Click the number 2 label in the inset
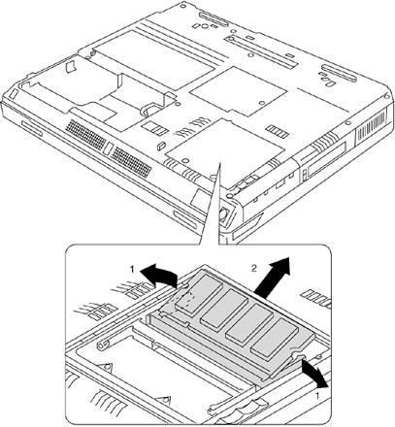(254, 268)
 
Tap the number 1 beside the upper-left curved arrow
(132, 269)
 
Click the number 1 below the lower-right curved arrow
(317, 395)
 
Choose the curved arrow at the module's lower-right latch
(313, 374)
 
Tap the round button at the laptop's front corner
(224, 214)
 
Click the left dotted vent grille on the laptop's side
(86, 134)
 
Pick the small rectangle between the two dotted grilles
(109, 148)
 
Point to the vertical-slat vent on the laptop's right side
(371, 126)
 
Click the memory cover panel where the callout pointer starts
(226, 145)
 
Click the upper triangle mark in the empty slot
(107, 367)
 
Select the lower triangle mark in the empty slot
(164, 401)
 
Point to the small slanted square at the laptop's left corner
(13, 93)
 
